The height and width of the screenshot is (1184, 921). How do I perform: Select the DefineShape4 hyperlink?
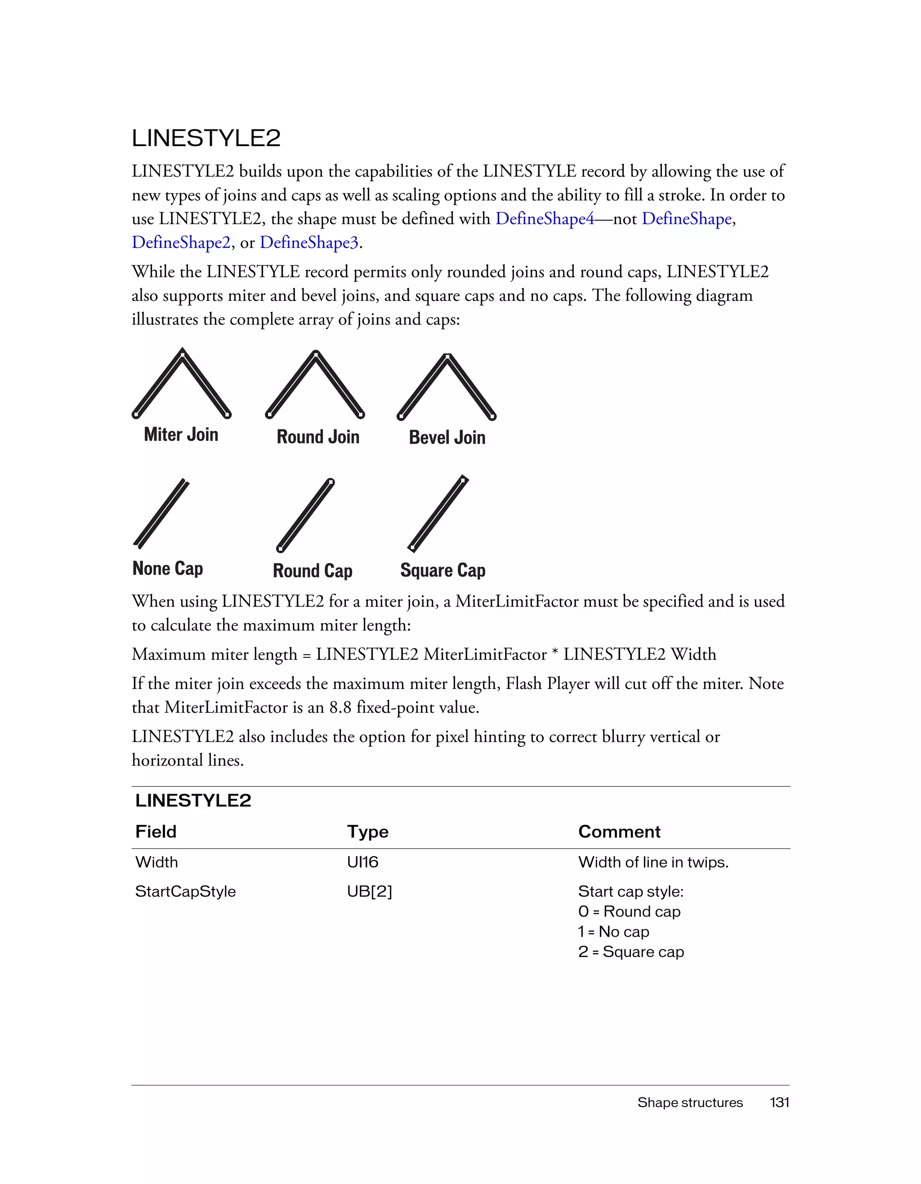(545, 219)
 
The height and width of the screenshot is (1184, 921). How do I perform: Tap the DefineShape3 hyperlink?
(309, 242)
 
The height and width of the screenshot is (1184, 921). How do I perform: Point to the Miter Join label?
(181, 435)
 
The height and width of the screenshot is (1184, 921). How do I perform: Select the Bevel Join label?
(447, 438)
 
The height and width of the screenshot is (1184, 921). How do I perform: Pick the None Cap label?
(167, 569)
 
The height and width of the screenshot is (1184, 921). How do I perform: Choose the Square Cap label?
(443, 570)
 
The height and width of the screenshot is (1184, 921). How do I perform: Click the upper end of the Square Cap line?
(464, 479)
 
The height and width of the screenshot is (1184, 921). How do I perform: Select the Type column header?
(367, 831)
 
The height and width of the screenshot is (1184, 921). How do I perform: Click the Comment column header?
(619, 831)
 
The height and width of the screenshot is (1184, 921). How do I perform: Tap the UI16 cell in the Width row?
(362, 862)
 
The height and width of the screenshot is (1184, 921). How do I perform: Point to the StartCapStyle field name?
(185, 891)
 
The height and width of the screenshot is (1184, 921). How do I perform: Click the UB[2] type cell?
(369, 891)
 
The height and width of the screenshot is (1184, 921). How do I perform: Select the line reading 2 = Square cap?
(631, 952)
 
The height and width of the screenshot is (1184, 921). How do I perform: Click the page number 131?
(779, 1102)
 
